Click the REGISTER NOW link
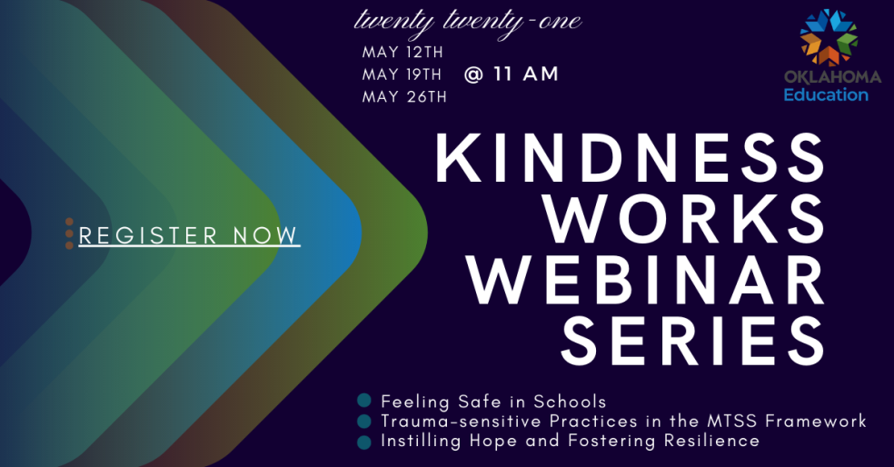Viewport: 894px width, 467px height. tap(189, 235)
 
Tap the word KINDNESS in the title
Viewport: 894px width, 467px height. tap(630, 158)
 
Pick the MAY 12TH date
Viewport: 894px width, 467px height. tap(402, 53)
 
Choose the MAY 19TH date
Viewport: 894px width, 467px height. tap(402, 75)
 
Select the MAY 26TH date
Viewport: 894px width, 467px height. tap(404, 97)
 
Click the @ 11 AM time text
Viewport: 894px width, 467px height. tap(511, 75)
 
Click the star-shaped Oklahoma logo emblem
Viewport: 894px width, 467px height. tap(829, 37)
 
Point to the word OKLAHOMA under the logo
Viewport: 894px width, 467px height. tap(832, 77)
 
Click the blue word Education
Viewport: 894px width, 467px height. tap(826, 94)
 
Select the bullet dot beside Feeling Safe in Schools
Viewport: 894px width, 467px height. tap(364, 401)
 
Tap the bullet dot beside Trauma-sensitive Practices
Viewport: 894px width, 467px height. tap(364, 422)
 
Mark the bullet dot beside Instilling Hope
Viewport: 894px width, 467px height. tap(364, 442)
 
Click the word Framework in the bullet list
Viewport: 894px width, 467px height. tap(816, 422)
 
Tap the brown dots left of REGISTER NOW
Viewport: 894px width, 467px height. tap(69, 233)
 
